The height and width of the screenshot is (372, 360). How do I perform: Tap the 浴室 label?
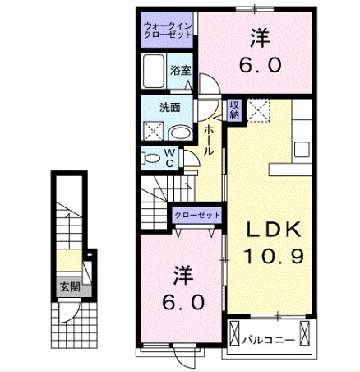click(x=180, y=71)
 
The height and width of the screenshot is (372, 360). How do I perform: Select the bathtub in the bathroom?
click(x=154, y=72)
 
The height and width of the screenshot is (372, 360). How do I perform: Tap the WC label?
click(x=169, y=156)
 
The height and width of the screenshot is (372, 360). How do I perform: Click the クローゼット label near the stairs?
click(x=198, y=215)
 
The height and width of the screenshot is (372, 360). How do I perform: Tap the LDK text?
click(x=275, y=230)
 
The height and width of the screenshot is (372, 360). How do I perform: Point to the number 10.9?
click(x=274, y=256)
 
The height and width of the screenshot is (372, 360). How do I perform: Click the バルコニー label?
click(x=269, y=338)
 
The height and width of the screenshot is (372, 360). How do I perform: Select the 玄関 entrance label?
click(x=69, y=287)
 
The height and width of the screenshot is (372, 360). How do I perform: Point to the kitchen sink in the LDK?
click(x=302, y=149)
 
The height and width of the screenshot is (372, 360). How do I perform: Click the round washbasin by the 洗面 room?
click(x=178, y=132)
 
